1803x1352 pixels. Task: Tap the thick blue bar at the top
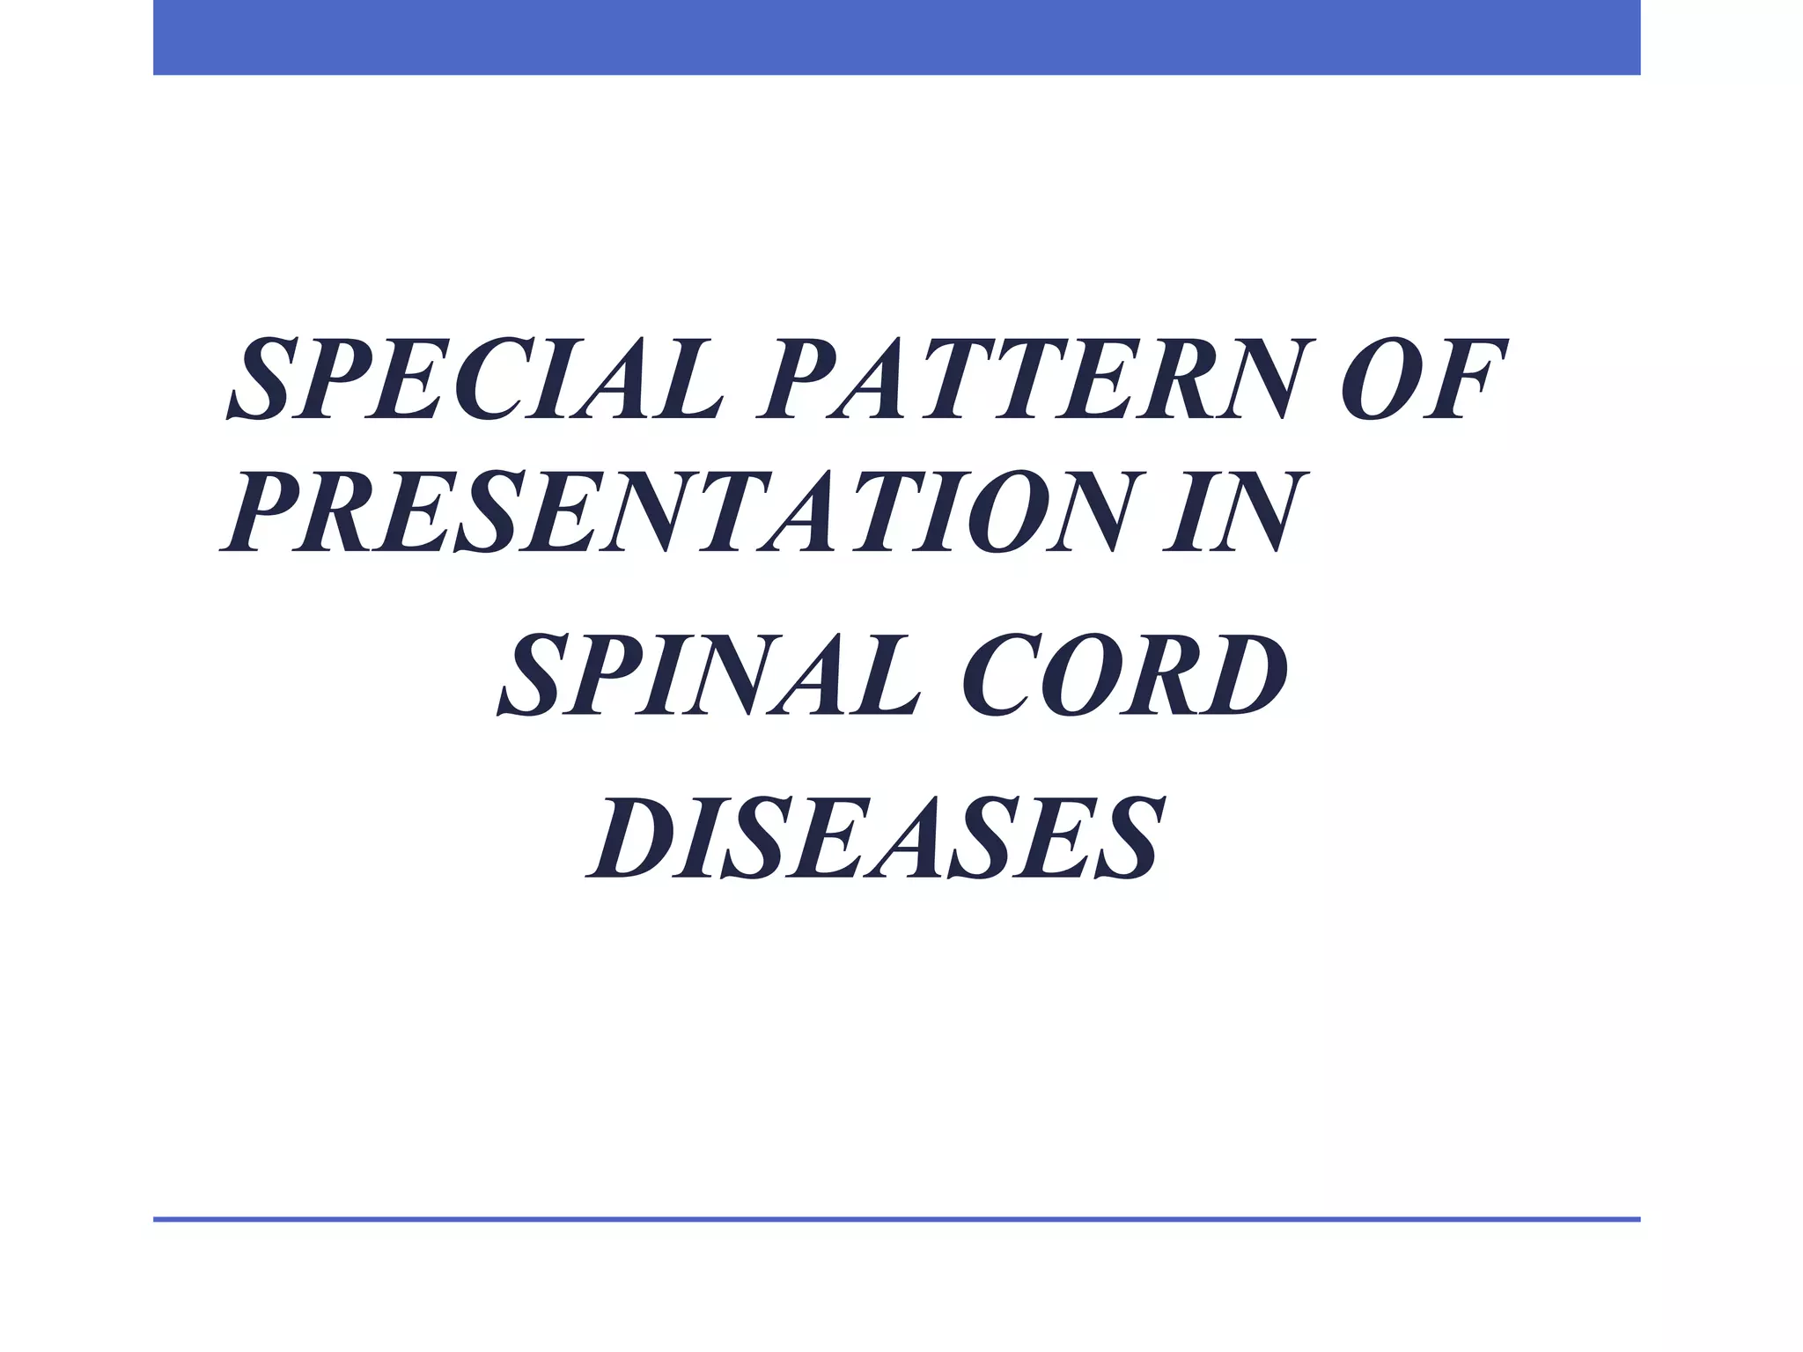(x=896, y=37)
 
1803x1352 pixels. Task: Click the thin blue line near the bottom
(x=896, y=1219)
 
